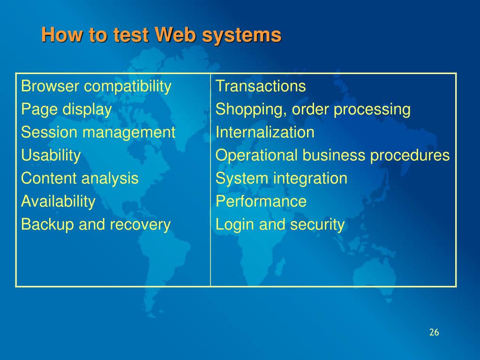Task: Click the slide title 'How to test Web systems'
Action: tap(161, 35)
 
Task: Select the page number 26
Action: tap(434, 332)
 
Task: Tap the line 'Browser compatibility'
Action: tap(96, 86)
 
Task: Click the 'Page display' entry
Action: tap(67, 109)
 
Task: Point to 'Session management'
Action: tap(98, 132)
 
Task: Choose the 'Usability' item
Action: tap(51, 155)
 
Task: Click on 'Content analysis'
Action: tap(80, 178)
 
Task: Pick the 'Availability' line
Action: tap(58, 202)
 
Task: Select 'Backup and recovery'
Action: tap(96, 225)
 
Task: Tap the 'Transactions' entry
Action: tap(261, 86)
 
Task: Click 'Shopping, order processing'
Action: tap(313, 109)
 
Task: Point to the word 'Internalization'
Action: tap(265, 132)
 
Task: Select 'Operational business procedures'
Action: tap(332, 155)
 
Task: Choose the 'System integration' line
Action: tap(281, 178)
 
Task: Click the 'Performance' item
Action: tap(261, 202)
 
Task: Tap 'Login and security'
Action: tap(280, 225)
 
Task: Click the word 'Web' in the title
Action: tap(174, 35)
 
